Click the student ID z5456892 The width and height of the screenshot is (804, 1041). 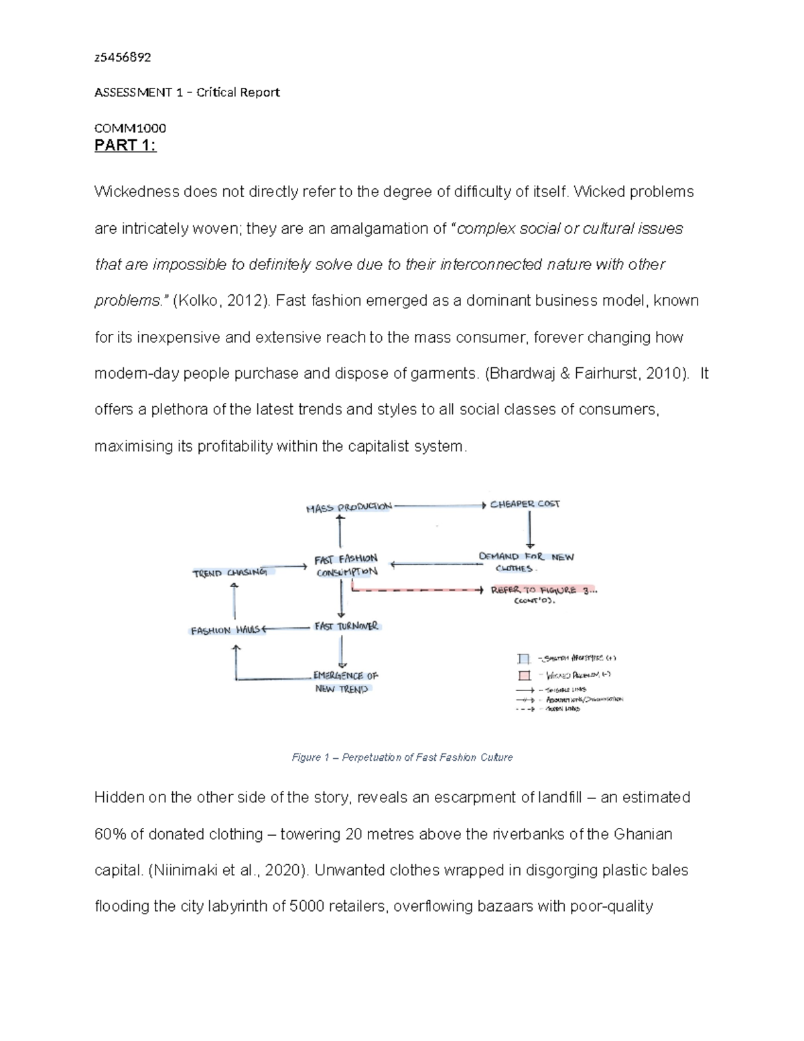pyautogui.click(x=123, y=57)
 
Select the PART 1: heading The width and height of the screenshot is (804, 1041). pyautogui.click(x=125, y=145)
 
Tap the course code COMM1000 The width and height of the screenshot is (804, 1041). pyautogui.click(x=130, y=128)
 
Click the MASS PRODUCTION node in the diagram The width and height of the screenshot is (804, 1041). pyautogui.click(x=348, y=507)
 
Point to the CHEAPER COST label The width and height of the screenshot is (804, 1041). pyautogui.click(x=525, y=504)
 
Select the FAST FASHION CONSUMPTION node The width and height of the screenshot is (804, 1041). pyautogui.click(x=346, y=564)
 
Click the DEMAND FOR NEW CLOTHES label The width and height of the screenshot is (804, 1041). pyautogui.click(x=526, y=562)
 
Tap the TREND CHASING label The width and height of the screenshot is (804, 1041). pyautogui.click(x=230, y=572)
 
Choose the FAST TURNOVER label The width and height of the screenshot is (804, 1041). pyautogui.click(x=346, y=626)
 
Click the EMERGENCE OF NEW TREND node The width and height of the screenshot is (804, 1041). pyautogui.click(x=345, y=682)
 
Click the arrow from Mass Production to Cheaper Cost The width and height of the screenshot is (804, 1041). pyautogui.click(x=439, y=505)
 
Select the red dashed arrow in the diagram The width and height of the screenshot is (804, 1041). pyautogui.click(x=415, y=591)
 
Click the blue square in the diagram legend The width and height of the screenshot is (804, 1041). pyautogui.click(x=524, y=659)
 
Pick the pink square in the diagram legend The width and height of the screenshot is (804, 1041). pyautogui.click(x=524, y=676)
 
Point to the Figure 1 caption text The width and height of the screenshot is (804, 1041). pyautogui.click(x=402, y=757)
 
